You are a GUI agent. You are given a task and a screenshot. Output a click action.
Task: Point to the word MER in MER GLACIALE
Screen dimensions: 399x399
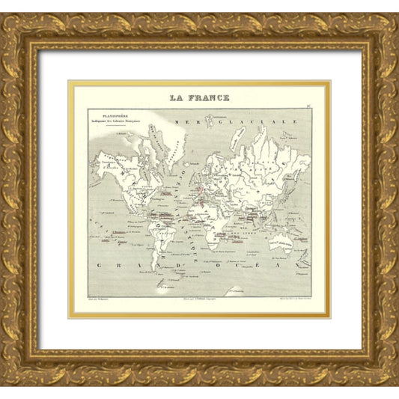pos(180,121)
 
